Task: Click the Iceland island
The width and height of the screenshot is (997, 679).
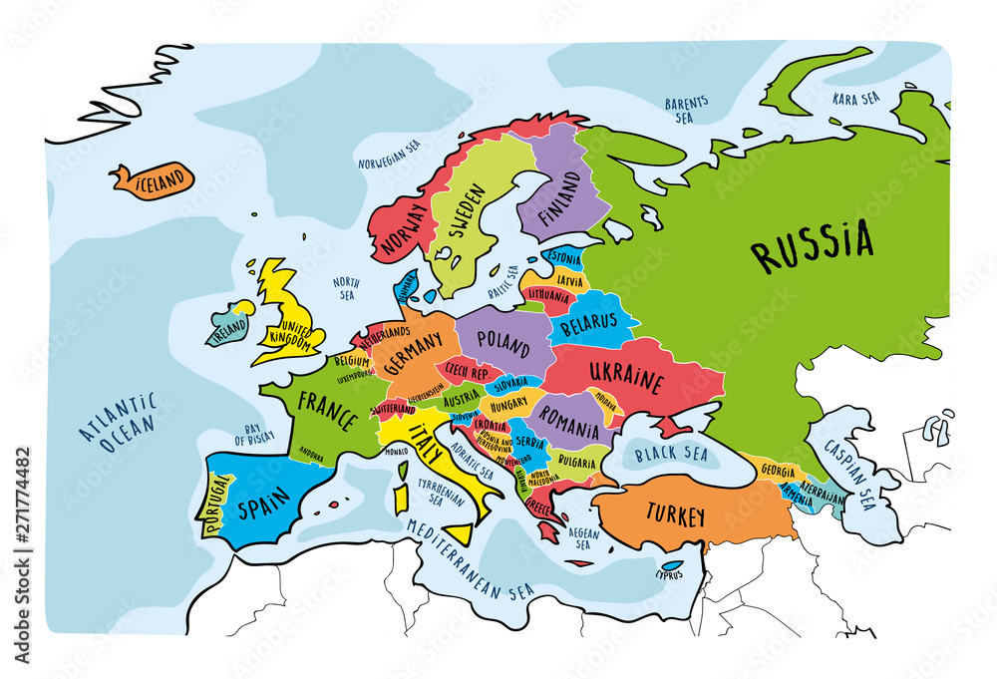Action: pyautogui.click(x=153, y=180)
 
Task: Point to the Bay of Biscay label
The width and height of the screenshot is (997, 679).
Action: pyautogui.click(x=254, y=431)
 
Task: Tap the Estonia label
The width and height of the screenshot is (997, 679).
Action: pyautogui.click(x=565, y=259)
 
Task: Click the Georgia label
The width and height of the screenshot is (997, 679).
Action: pyautogui.click(x=777, y=471)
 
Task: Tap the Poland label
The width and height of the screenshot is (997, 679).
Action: pyautogui.click(x=503, y=343)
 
